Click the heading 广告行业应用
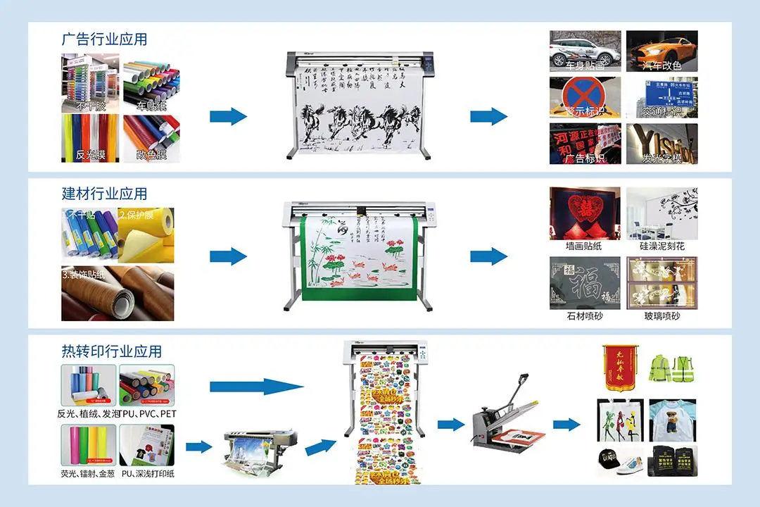point(104,39)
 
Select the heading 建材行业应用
point(104,194)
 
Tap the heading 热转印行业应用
point(111,351)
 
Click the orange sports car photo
point(662,51)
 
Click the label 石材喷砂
point(585,317)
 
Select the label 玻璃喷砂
point(662,317)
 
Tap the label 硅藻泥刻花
point(662,247)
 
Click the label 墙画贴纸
point(585,247)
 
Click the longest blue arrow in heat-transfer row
point(257,386)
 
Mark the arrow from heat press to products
point(566,424)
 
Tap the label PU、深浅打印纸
point(147,473)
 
